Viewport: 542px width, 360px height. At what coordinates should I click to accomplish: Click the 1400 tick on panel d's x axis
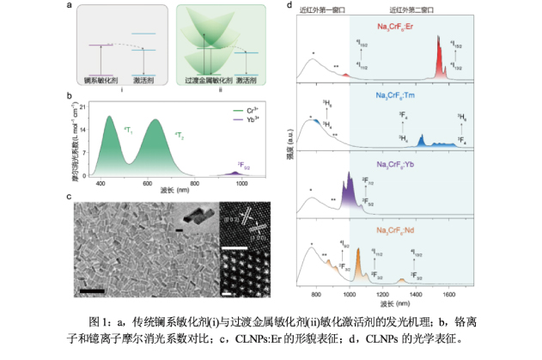416,297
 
